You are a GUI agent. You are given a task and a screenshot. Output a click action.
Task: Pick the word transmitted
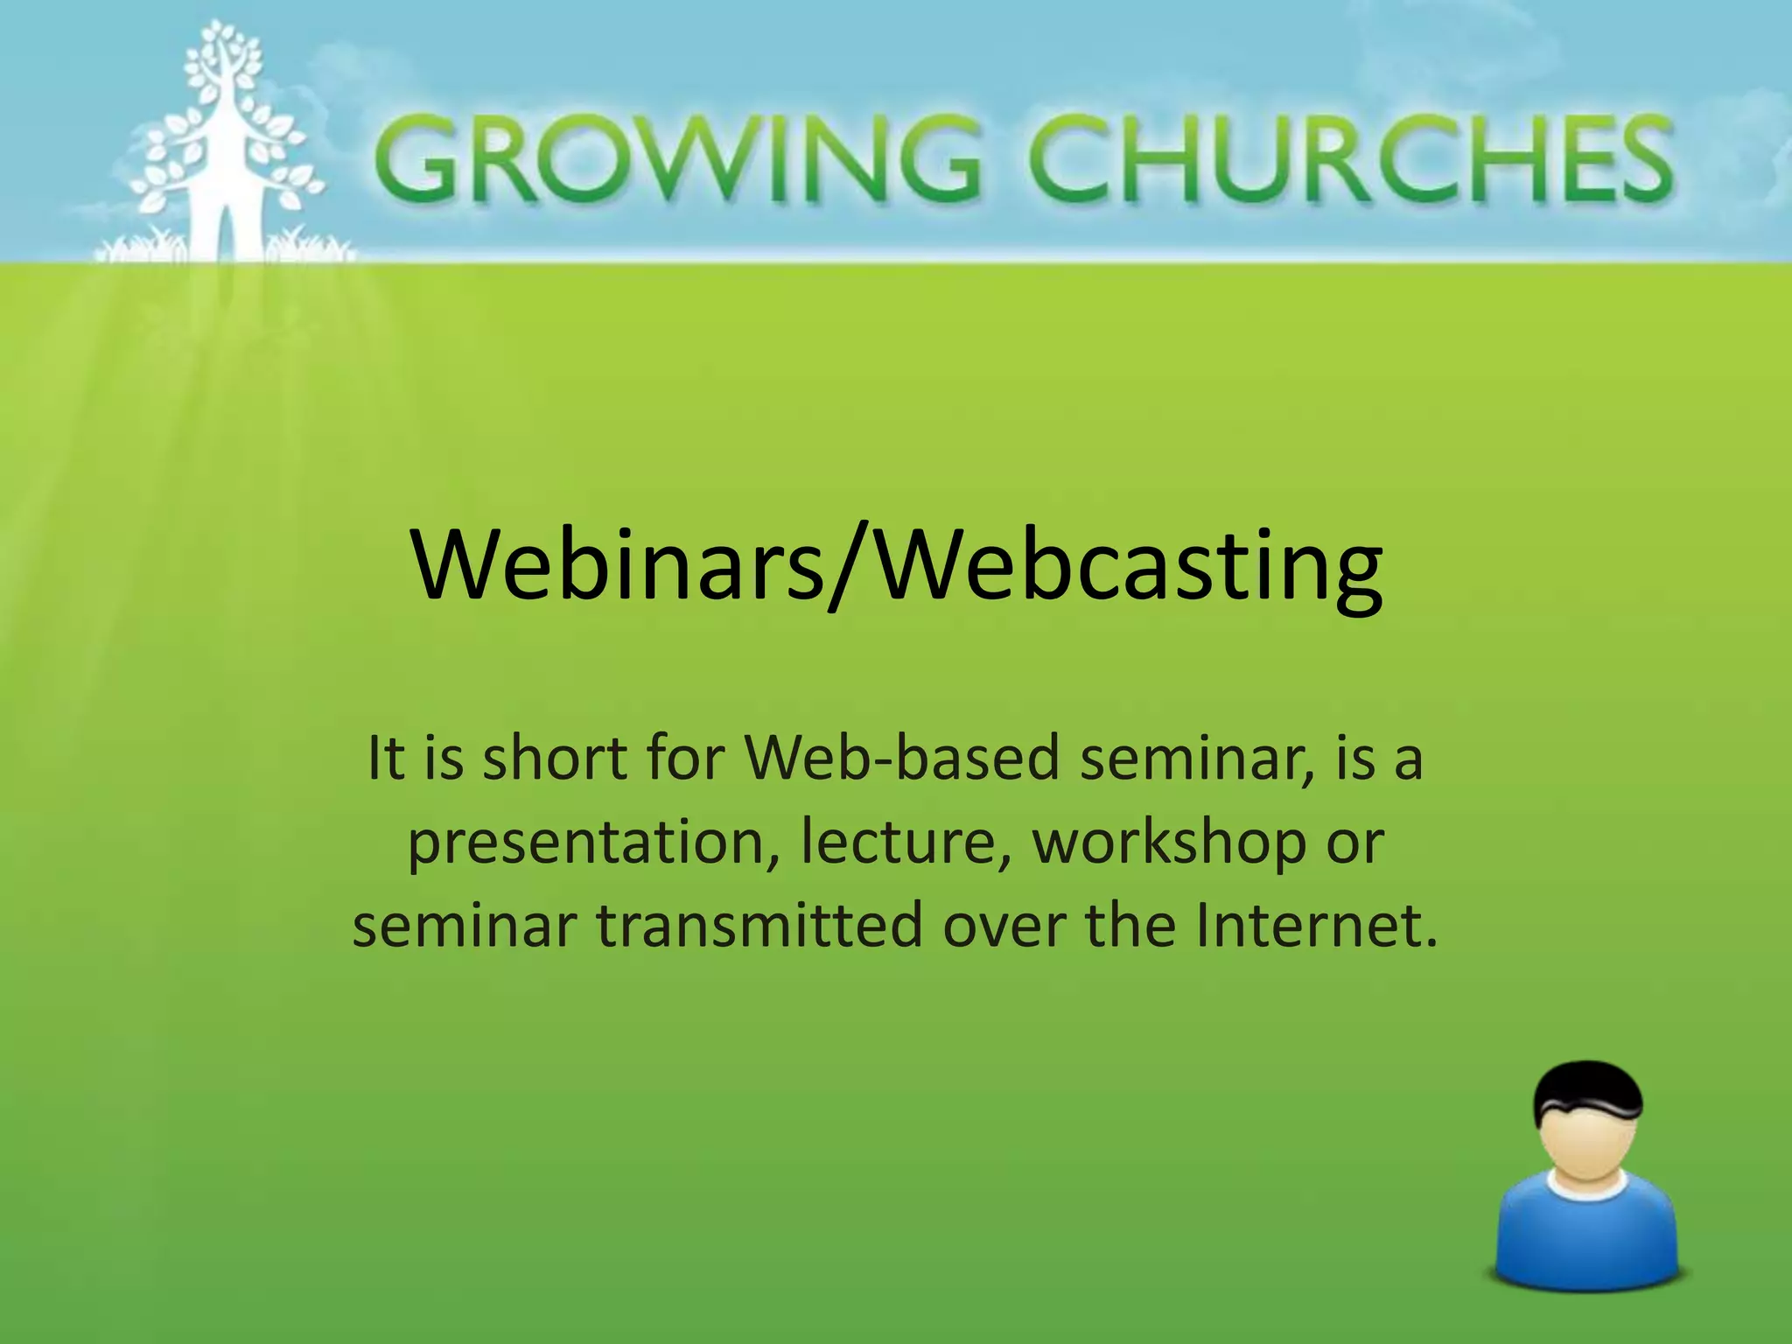point(760,926)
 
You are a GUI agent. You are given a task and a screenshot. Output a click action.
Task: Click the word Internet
point(1317,926)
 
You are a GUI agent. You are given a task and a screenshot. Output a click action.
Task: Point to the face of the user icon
point(1588,1146)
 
